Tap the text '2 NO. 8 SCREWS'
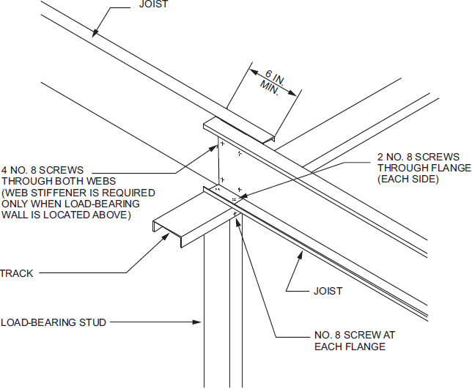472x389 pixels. click(418, 157)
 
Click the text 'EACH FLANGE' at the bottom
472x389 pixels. click(350, 347)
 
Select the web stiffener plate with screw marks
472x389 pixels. click(235, 165)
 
